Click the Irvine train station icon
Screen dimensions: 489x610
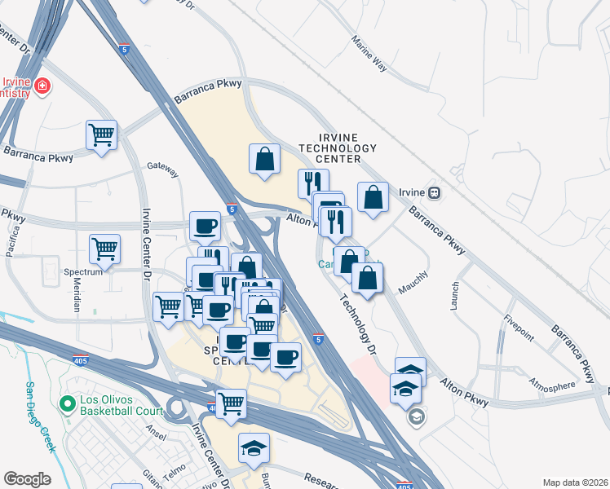click(x=435, y=193)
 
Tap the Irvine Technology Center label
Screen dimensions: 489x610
click(x=338, y=148)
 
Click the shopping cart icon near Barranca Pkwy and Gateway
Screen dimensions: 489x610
click(x=102, y=134)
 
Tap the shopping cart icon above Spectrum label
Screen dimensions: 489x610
click(x=105, y=249)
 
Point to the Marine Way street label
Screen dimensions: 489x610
click(x=369, y=51)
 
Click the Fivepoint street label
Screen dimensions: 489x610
click(x=519, y=327)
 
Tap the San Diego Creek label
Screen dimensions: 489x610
click(x=40, y=417)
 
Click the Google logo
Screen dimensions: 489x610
click(x=27, y=478)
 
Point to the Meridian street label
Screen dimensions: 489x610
click(x=76, y=297)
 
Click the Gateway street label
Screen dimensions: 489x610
click(x=162, y=169)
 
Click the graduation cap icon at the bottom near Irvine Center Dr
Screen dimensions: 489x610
click(x=254, y=447)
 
